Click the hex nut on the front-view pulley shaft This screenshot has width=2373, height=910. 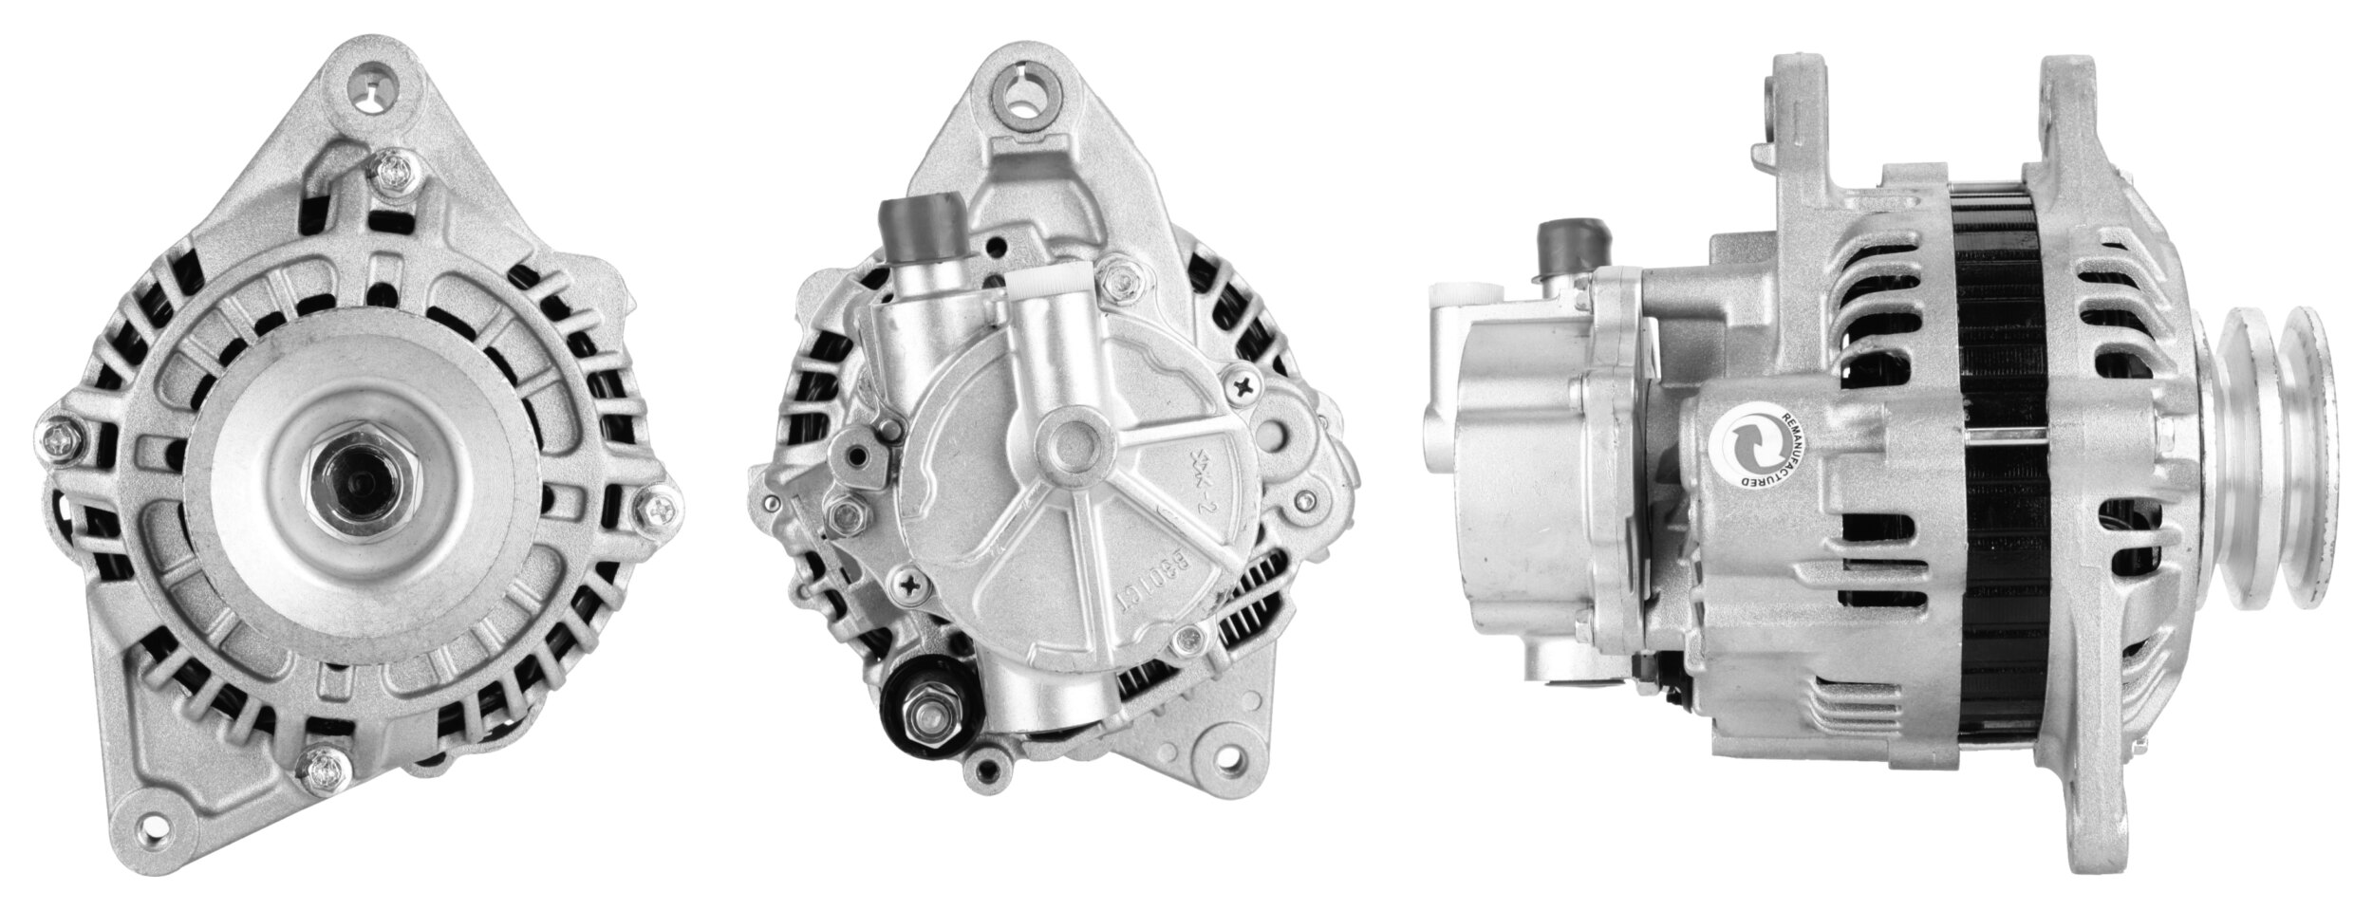tap(364, 481)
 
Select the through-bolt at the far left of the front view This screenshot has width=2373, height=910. tap(59, 440)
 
